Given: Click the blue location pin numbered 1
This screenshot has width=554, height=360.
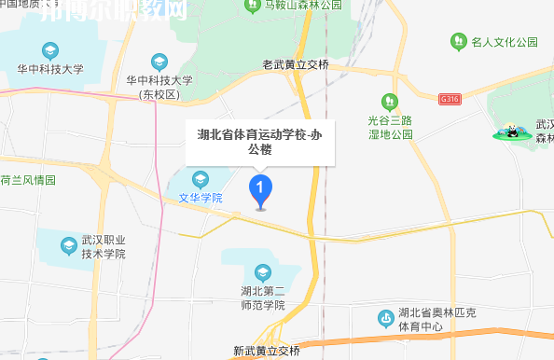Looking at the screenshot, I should pyautogui.click(x=260, y=190).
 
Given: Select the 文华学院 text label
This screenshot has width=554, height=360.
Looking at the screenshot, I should pyautogui.click(x=201, y=198).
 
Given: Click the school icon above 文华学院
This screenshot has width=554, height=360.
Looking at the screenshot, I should pyautogui.click(x=200, y=179).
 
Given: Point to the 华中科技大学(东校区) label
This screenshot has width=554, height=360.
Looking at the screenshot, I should pyautogui.click(x=159, y=87).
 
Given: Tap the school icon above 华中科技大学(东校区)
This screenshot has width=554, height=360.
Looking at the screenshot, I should pyautogui.click(x=159, y=62).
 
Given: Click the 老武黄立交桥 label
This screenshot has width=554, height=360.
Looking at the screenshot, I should pyautogui.click(x=296, y=65).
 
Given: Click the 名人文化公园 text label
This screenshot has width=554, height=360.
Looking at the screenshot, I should pyautogui.click(x=506, y=42).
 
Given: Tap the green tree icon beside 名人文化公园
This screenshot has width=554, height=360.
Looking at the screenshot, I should pyautogui.click(x=459, y=42).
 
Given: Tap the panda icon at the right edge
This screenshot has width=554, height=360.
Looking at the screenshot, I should pyautogui.click(x=511, y=132).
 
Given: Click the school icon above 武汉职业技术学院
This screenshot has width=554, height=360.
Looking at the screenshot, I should pyautogui.click(x=68, y=245).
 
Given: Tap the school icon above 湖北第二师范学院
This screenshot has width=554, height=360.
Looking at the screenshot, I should pyautogui.click(x=262, y=272).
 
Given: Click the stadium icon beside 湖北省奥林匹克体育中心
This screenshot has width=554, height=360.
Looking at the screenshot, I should pyautogui.click(x=385, y=318).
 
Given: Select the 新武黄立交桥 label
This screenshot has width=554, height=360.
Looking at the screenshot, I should pyautogui.click(x=267, y=352).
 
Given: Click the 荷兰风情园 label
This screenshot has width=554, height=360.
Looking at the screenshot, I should pyautogui.click(x=28, y=179).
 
